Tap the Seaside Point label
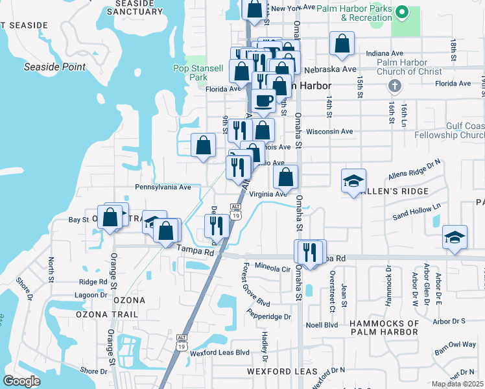[x=54, y=67]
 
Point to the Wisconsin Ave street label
[x=329, y=131]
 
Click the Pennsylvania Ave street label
[x=163, y=187]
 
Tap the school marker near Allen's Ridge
[x=353, y=181]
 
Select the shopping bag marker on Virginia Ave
[x=285, y=176]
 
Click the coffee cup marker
[x=264, y=100]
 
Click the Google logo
[x=21, y=381]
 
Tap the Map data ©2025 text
[x=457, y=384]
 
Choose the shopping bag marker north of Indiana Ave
[x=341, y=43]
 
